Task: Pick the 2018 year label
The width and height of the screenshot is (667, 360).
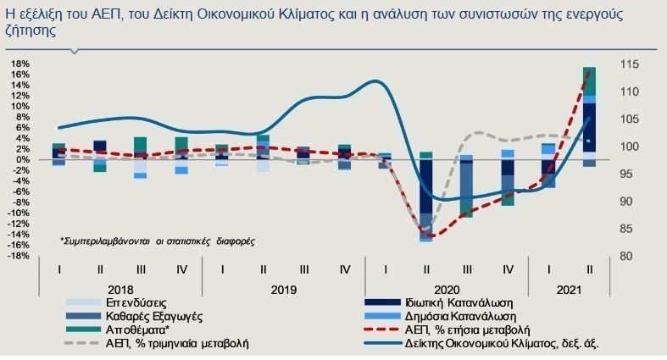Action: tap(120, 288)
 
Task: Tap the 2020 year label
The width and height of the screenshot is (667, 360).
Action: tap(447, 288)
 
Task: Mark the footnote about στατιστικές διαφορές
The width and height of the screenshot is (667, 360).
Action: tap(157, 241)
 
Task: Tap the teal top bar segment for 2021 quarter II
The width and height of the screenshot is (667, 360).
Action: tap(589, 80)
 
